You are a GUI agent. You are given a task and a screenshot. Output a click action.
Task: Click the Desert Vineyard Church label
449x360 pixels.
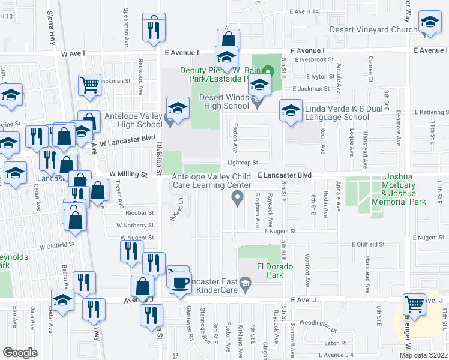373,29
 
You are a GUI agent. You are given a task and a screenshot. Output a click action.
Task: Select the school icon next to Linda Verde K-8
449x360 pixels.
291,111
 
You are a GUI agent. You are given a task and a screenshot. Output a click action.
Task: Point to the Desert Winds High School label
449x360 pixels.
223,101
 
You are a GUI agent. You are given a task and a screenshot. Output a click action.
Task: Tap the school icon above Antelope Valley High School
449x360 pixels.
177,109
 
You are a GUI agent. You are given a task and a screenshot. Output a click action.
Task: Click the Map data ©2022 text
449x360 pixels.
424,355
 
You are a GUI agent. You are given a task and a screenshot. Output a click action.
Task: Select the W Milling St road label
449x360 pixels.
128,174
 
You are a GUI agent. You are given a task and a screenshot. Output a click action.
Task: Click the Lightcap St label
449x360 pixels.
242,163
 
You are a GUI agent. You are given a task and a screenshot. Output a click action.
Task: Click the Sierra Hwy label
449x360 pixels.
50,30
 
